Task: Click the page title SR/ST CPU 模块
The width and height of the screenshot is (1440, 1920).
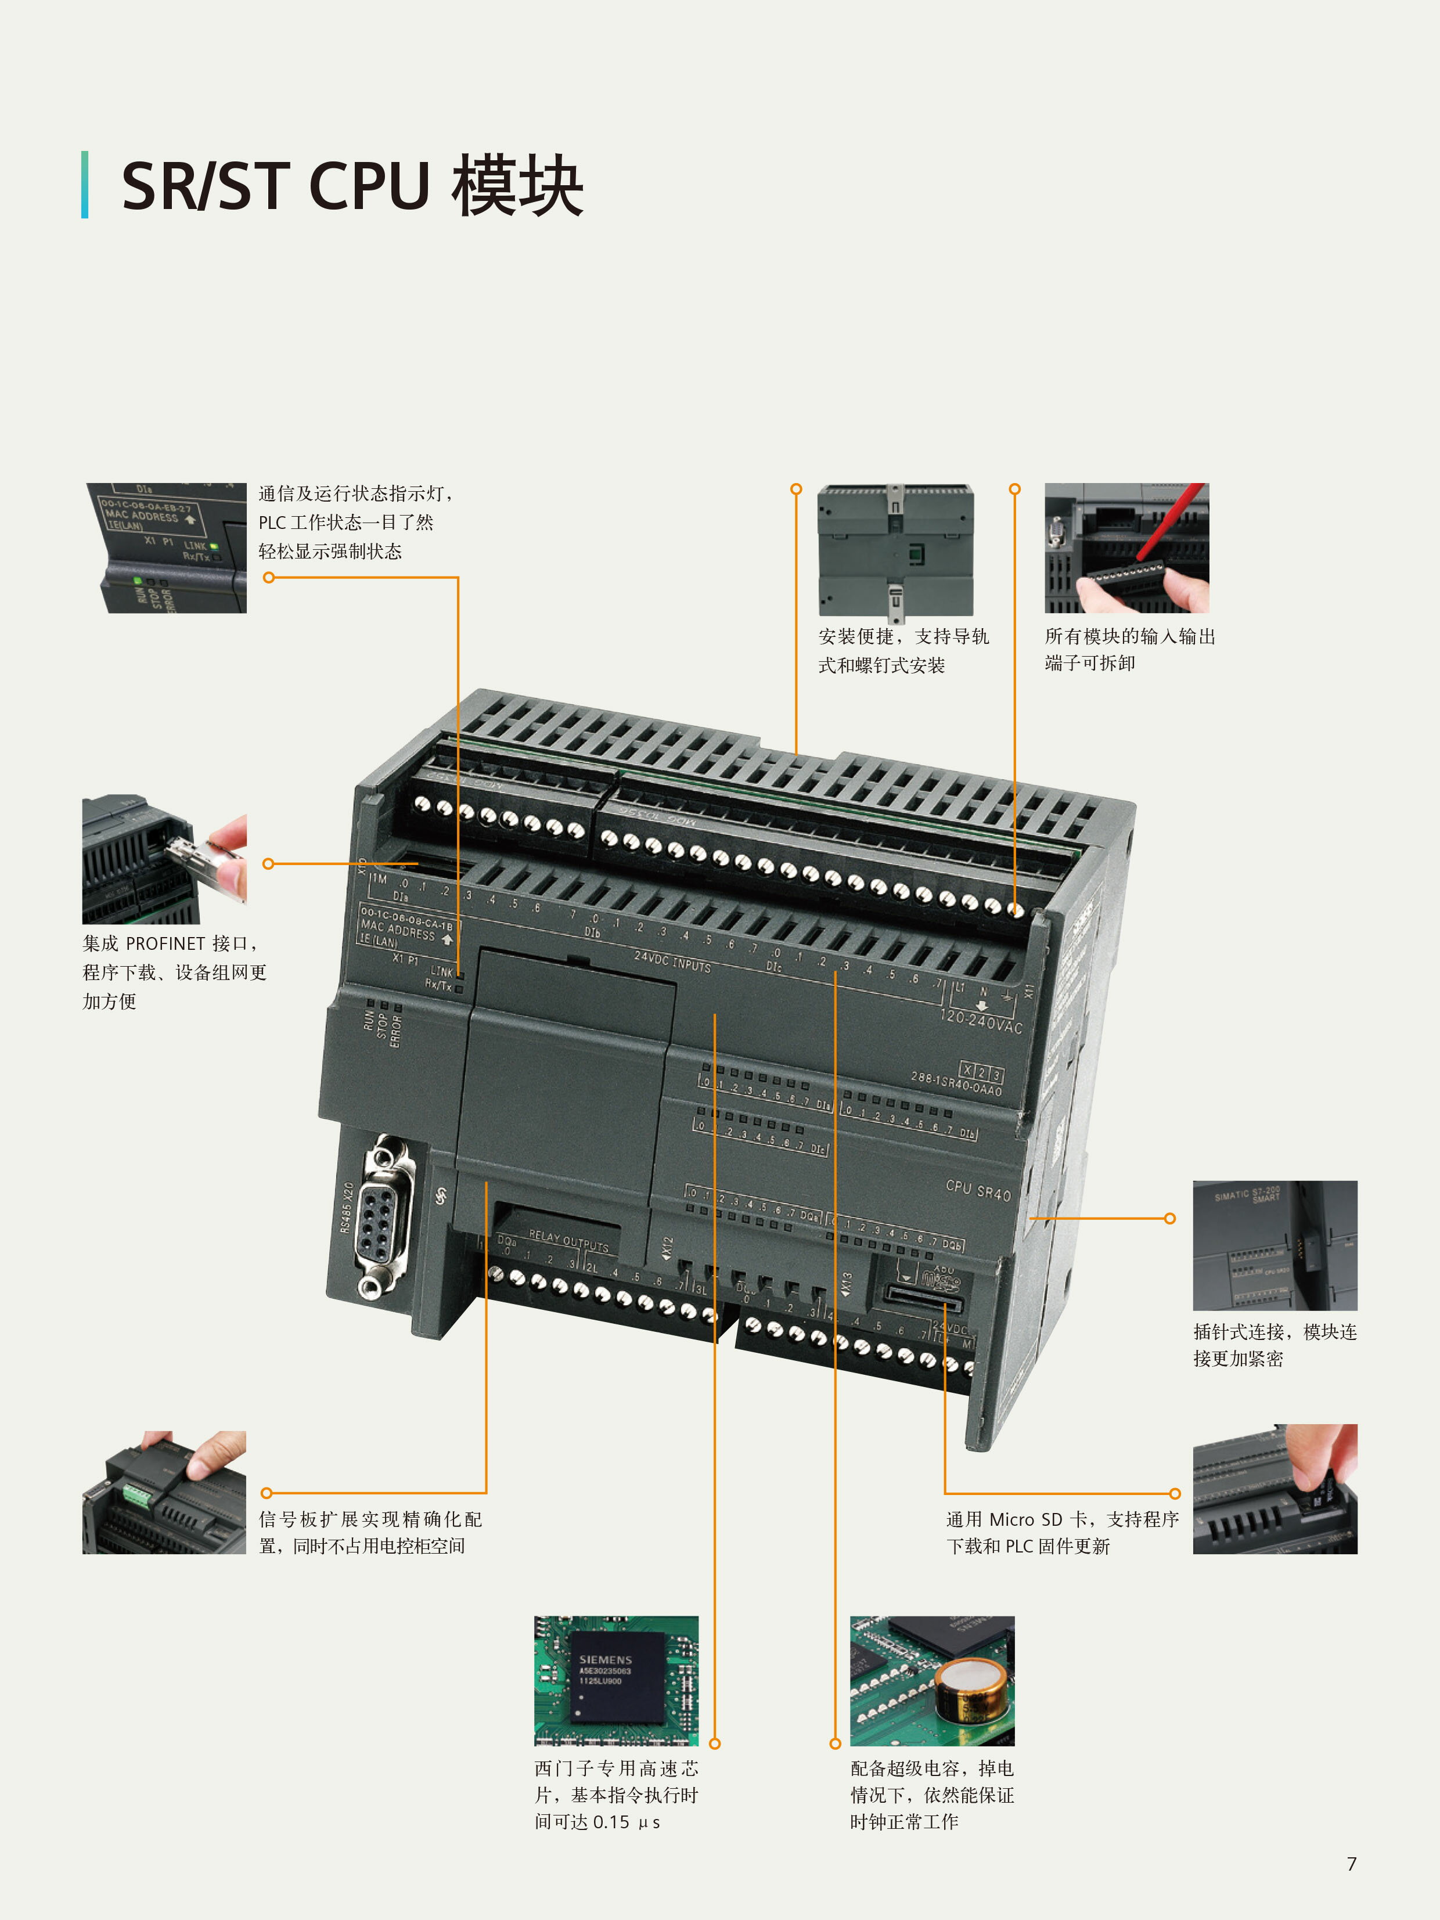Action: coord(351,186)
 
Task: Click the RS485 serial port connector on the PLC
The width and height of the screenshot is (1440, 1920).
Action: coord(383,1215)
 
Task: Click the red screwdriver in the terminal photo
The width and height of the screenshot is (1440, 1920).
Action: coord(1172,521)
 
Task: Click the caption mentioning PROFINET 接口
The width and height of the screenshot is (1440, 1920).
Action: coord(174,972)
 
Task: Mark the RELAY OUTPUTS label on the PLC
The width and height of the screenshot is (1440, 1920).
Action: coord(568,1240)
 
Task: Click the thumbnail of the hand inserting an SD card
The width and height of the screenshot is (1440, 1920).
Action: coord(1274,1489)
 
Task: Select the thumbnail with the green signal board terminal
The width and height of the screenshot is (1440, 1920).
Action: coord(164,1493)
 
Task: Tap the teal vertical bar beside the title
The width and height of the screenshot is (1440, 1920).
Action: coord(85,185)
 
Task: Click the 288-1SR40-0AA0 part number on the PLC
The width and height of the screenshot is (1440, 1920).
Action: coord(956,1084)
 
